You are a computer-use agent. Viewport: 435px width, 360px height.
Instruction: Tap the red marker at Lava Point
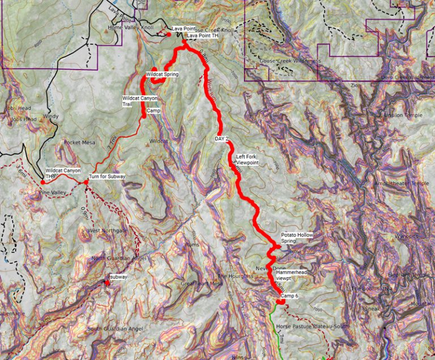pyautogui.click(x=168, y=35)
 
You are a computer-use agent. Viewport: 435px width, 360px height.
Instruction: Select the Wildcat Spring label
pyautogui.click(x=162, y=74)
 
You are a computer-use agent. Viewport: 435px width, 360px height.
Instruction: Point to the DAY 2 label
pyautogui.click(x=221, y=138)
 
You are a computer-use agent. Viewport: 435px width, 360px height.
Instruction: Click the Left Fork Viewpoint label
pyautogui.click(x=247, y=160)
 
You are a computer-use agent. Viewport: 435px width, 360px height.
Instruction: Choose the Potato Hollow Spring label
pyautogui.click(x=297, y=238)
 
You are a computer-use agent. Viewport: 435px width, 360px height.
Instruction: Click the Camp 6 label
pyautogui.click(x=289, y=296)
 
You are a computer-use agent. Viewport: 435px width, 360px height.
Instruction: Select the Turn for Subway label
pyautogui.click(x=107, y=177)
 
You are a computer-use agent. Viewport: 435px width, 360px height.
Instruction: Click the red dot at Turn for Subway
pyautogui.click(x=86, y=182)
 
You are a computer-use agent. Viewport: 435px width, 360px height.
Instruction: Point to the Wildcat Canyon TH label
pyautogui.click(x=63, y=173)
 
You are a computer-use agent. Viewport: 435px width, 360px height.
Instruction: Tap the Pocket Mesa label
pyautogui.click(x=78, y=142)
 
